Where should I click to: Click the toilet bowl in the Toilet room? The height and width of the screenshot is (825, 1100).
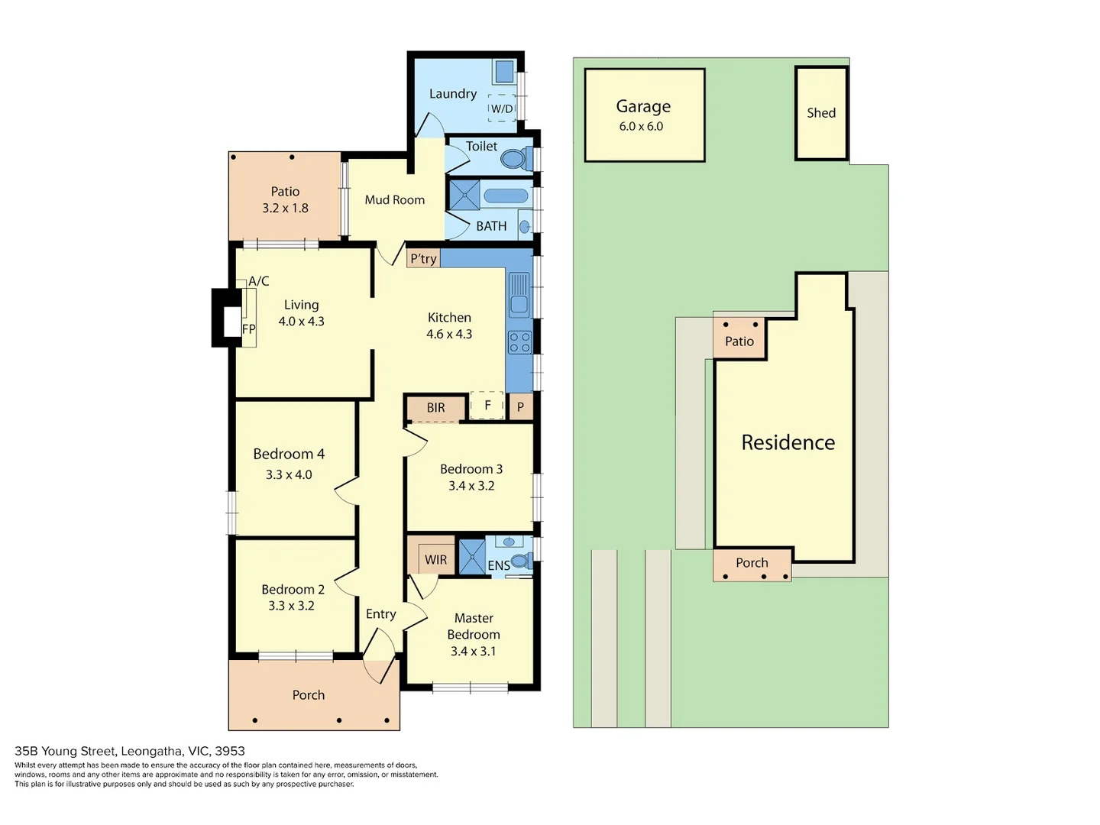coord(513,159)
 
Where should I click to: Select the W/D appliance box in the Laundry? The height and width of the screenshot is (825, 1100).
coord(502,108)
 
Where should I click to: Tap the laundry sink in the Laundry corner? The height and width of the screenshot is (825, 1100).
coord(504,71)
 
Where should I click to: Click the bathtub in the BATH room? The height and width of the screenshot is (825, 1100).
coord(506,196)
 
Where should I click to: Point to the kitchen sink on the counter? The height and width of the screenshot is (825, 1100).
coord(519,295)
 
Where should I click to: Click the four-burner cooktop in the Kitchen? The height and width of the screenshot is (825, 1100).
coord(519,342)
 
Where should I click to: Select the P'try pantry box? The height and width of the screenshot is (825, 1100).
coord(423,258)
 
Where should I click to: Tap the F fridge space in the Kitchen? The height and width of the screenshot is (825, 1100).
coord(487,406)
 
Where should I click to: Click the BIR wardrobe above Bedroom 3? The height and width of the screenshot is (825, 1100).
coord(435,408)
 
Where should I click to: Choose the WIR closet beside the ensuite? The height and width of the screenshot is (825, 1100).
coord(435,559)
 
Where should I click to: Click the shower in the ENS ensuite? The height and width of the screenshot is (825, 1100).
coord(472,556)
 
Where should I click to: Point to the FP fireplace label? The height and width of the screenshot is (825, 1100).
coord(248,329)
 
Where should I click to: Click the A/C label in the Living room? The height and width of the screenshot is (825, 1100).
coord(259,281)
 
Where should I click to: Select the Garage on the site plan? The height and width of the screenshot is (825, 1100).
coord(644,115)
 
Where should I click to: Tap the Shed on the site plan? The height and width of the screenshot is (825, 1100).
coord(821,113)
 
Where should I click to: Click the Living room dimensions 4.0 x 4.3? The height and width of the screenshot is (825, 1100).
coord(301,322)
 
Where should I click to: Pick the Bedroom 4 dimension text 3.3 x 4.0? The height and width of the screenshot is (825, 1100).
coord(289,474)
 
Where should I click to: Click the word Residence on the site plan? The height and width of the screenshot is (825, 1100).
coord(788,442)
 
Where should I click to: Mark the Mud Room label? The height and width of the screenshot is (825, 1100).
coord(394,200)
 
